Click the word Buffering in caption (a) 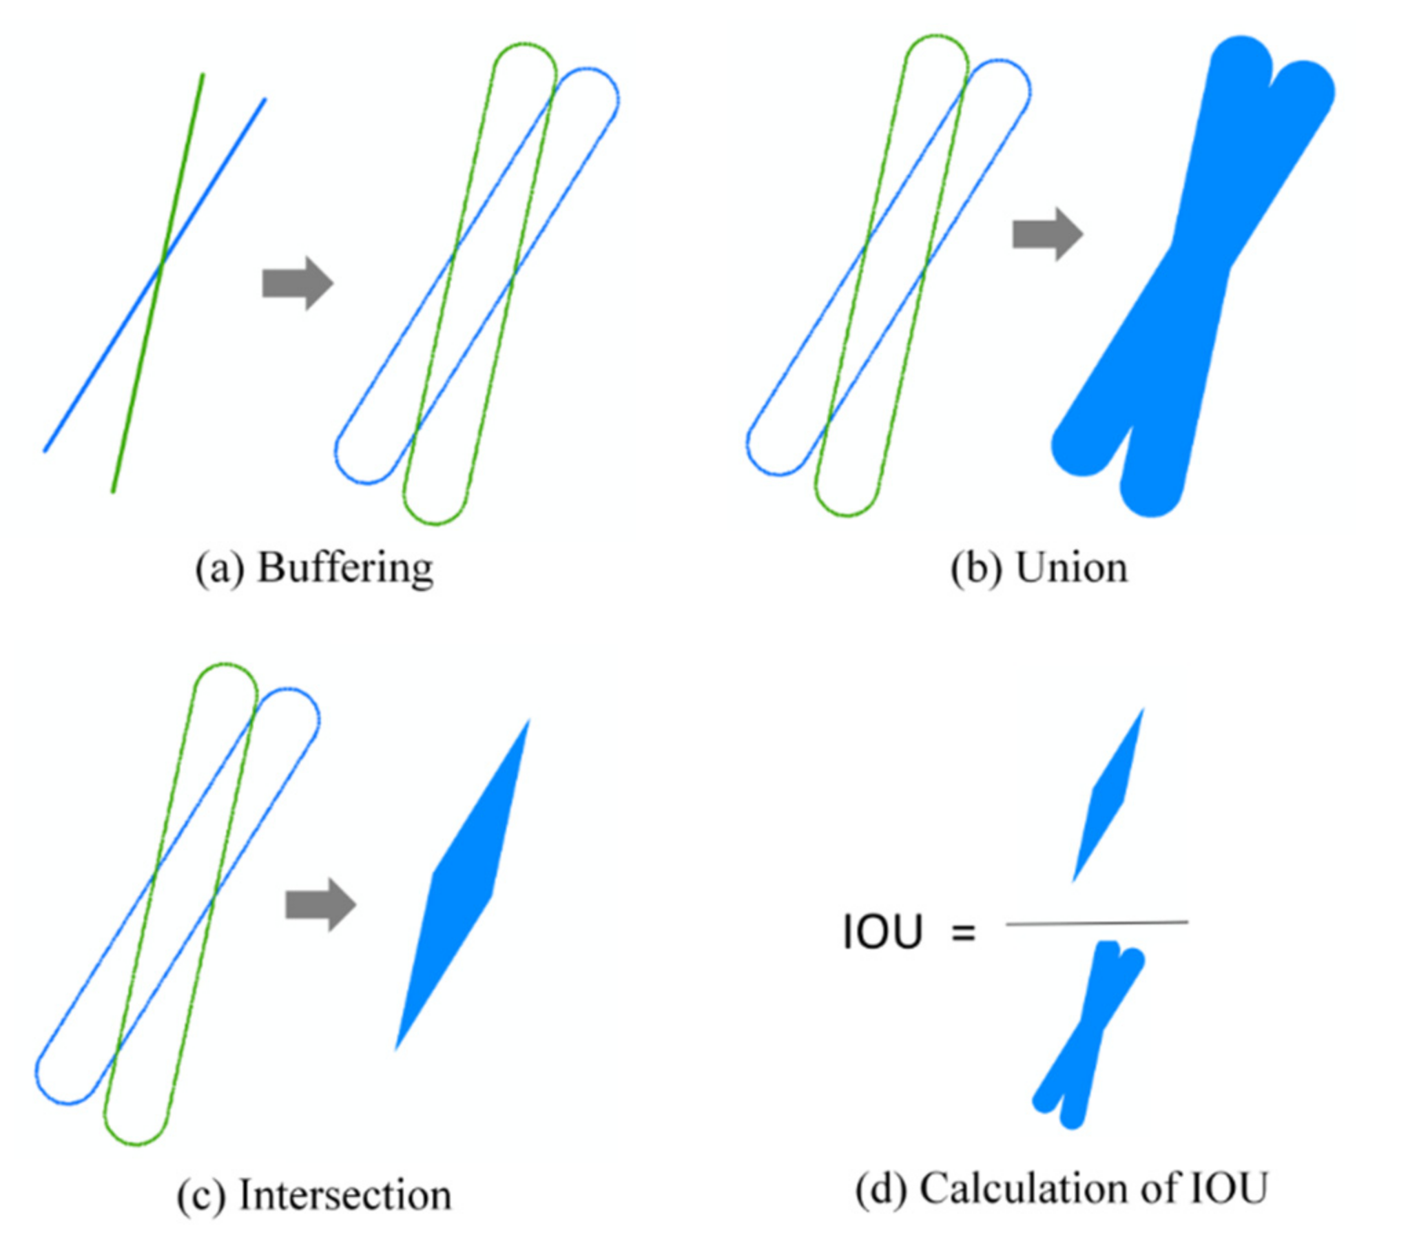pyautogui.click(x=345, y=569)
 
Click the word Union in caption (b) pyautogui.click(x=1072, y=569)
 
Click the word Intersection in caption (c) pyautogui.click(x=345, y=1195)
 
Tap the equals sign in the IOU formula pyautogui.click(x=964, y=934)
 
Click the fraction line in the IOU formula pyautogui.click(x=1097, y=923)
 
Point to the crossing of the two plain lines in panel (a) pyautogui.click(x=161, y=263)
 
